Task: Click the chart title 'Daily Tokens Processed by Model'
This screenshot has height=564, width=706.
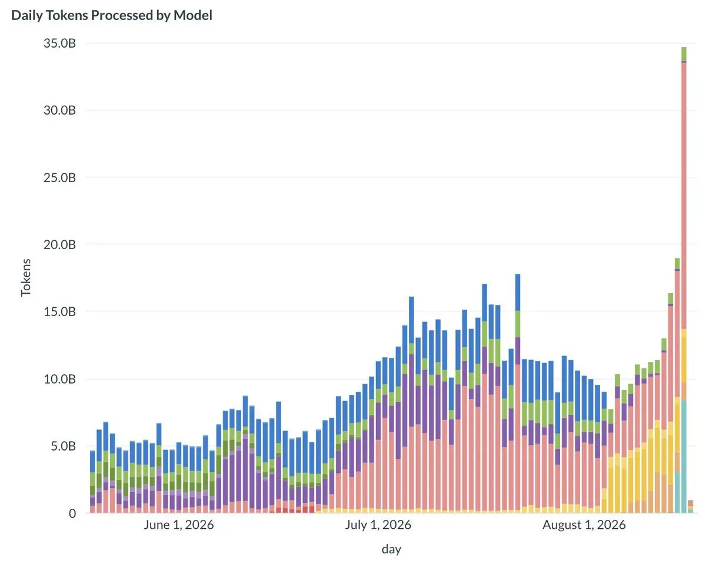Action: [112, 15]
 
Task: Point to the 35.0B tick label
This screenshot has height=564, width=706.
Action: [59, 43]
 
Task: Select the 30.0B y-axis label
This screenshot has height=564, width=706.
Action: [59, 110]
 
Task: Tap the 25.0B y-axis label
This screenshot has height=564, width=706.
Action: [59, 177]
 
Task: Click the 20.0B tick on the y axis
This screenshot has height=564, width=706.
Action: [59, 244]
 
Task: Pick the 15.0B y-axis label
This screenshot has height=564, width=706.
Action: [59, 311]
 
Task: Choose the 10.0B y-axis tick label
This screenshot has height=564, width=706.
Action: [59, 379]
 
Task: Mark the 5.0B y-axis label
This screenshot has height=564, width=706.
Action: [63, 446]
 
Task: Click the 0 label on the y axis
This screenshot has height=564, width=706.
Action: [72, 513]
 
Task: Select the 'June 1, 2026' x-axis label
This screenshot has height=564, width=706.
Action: [178, 525]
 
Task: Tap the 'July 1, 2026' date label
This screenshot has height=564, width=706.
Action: [378, 525]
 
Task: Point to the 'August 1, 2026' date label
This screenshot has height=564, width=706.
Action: [584, 525]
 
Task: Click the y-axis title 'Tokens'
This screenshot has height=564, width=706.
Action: [25, 277]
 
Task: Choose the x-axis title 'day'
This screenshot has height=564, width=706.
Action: [391, 549]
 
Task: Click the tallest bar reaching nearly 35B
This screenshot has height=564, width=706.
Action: [684, 280]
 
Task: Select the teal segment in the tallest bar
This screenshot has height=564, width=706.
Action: [684, 456]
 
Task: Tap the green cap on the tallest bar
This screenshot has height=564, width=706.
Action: [684, 54]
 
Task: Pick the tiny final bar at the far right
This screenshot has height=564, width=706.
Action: [690, 506]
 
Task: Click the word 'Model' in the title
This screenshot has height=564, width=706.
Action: [193, 15]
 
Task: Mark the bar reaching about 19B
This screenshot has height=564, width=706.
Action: [677, 385]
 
